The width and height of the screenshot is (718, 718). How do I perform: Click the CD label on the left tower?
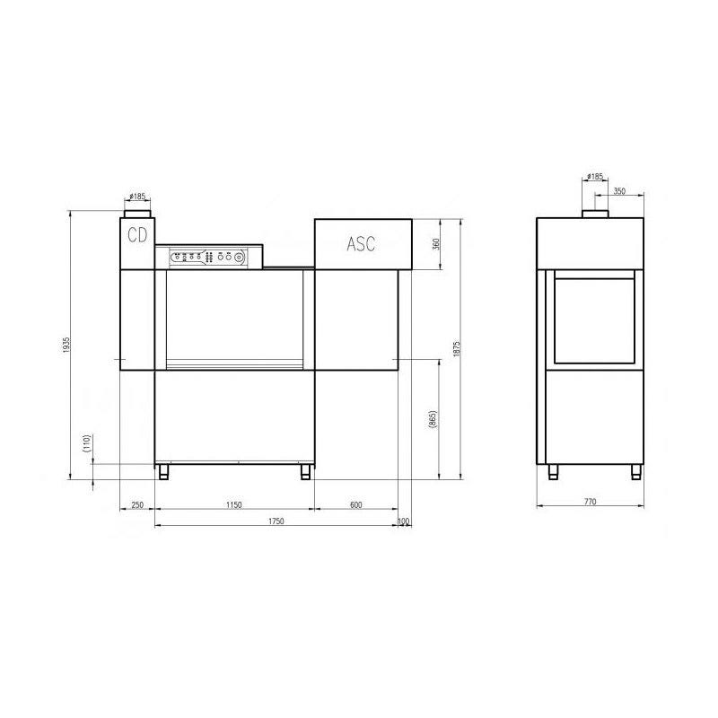137,235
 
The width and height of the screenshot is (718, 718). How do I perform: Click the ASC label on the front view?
361,243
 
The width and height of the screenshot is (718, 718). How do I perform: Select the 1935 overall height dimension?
66,345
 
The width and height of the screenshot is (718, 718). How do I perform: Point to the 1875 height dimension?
456,349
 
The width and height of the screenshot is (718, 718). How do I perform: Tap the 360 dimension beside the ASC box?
436,243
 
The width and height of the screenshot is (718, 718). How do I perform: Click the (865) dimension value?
433,419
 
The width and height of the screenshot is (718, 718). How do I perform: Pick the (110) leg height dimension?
87,443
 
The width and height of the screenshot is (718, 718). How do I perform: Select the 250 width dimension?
137,504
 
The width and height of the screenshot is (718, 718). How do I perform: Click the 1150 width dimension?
234,504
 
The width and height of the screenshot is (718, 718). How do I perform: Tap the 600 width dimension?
355,504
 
